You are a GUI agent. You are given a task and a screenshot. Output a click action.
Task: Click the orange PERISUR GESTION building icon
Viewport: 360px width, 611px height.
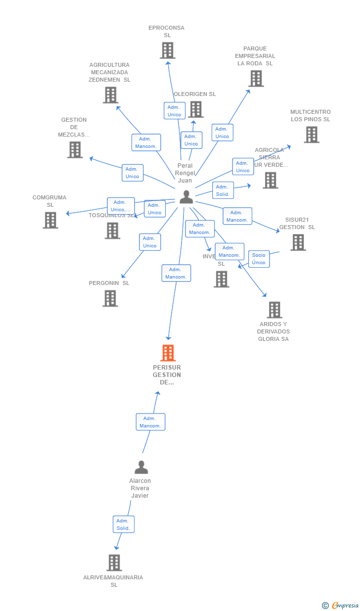(168, 353)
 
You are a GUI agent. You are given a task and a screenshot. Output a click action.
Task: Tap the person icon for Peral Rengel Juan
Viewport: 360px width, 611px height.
(186, 197)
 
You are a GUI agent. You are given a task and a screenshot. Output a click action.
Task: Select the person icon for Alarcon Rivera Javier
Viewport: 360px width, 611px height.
(141, 467)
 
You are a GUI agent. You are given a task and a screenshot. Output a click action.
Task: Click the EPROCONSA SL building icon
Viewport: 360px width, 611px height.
(168, 50)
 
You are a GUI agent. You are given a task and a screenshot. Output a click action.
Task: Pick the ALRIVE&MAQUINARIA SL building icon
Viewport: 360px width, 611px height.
(114, 563)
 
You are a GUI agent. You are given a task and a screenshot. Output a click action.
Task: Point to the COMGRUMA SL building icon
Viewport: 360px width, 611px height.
(50, 220)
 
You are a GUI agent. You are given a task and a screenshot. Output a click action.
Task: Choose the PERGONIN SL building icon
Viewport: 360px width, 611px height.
(110, 298)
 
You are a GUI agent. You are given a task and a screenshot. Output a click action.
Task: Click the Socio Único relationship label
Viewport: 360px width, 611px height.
(259, 259)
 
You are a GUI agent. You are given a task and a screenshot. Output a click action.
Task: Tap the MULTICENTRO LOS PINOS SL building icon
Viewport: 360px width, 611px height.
(312, 135)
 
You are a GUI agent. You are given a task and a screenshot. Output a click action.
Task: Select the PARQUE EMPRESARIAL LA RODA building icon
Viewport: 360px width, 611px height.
(256, 79)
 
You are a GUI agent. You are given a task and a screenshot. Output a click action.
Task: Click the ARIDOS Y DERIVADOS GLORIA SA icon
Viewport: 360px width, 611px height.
(274, 310)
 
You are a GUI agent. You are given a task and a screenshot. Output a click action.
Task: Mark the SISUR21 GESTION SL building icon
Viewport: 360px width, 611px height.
(298, 242)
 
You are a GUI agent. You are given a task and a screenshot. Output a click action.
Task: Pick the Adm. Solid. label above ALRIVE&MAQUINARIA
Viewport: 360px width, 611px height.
(123, 524)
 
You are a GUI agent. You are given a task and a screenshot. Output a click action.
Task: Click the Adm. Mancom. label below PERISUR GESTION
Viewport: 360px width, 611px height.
(150, 422)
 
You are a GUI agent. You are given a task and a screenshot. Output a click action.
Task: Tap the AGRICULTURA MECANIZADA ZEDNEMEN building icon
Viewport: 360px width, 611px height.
(110, 95)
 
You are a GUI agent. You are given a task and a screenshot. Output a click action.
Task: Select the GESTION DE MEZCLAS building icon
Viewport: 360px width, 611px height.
(75, 150)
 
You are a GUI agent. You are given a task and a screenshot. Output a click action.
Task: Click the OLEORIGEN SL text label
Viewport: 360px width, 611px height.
(194, 94)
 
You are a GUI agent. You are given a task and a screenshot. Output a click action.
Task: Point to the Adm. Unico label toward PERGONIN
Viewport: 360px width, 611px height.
(150, 242)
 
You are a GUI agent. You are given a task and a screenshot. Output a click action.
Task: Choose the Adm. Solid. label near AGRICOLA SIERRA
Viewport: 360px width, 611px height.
(223, 190)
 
